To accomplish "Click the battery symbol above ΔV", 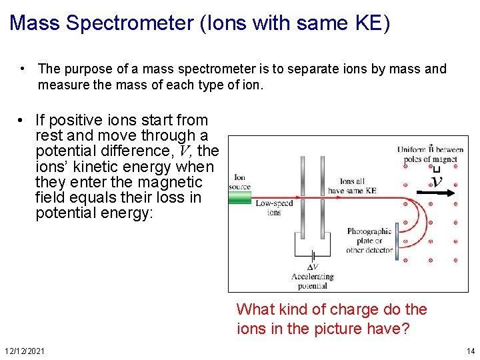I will click(312, 255).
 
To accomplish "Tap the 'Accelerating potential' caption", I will click(312, 281).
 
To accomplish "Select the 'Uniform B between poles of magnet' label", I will click(430, 153).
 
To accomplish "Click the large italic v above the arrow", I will click(437, 181).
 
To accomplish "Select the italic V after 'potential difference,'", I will click(184, 151).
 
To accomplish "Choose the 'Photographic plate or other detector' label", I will click(369, 241).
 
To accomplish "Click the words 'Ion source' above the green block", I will click(239, 182).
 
